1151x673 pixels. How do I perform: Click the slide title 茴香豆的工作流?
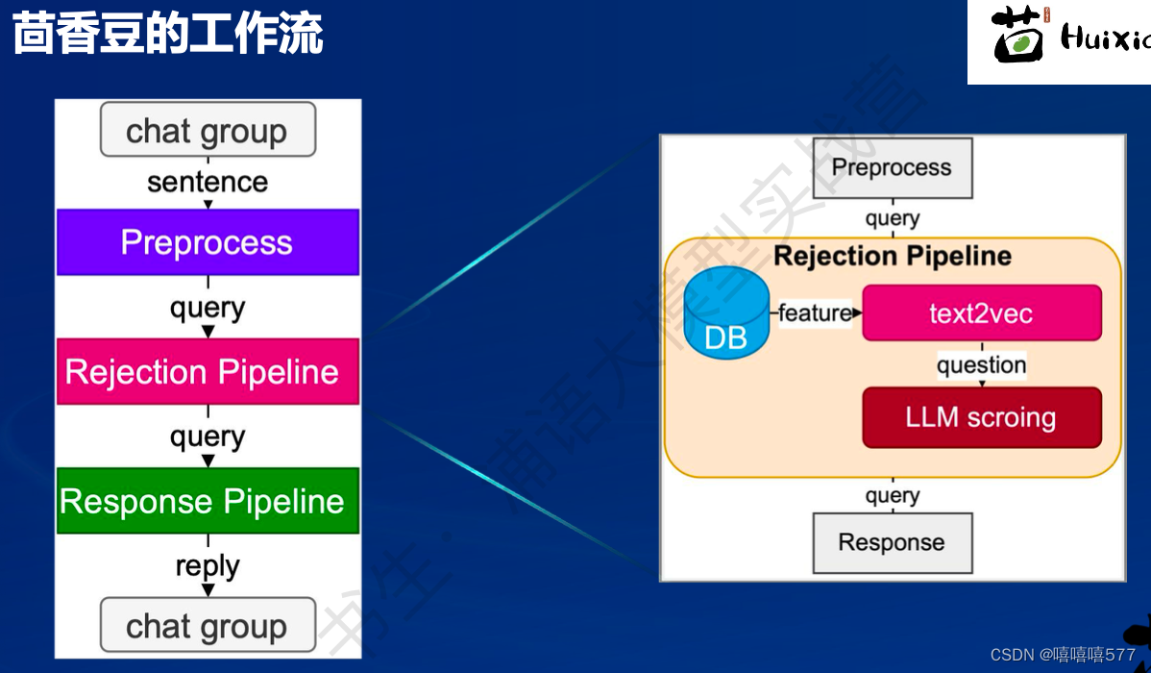click(x=167, y=35)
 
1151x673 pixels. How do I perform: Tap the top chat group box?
click(x=208, y=130)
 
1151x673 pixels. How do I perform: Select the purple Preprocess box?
click(x=208, y=242)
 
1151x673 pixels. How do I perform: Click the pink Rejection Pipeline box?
click(x=208, y=372)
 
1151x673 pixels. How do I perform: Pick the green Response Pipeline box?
click(x=208, y=501)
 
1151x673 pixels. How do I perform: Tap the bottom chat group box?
click(x=208, y=626)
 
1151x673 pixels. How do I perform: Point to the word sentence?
click(x=208, y=182)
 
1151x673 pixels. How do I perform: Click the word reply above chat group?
click(x=208, y=565)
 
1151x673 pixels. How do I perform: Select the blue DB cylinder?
click(x=726, y=316)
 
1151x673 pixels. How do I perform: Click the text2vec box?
click(x=981, y=313)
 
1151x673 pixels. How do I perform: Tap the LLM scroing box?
click(x=981, y=417)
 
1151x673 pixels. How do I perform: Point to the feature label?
click(x=815, y=312)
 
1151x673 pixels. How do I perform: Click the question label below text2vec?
click(x=981, y=365)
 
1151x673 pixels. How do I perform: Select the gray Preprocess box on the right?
click(x=892, y=167)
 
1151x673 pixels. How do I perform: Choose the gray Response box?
click(x=892, y=542)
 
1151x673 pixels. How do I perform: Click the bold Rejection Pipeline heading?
click(x=892, y=256)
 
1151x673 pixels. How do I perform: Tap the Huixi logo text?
click(x=1105, y=40)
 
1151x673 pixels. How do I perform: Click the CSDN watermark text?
click(x=1062, y=655)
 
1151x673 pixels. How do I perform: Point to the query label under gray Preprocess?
click(x=892, y=218)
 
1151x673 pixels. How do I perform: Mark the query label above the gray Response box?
click(x=892, y=495)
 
